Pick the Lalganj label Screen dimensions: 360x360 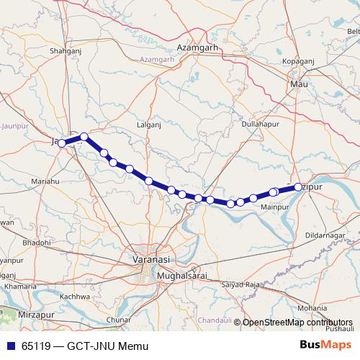pos(148,125)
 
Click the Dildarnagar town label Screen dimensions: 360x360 pos(326,235)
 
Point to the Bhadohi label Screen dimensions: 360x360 pos(37,243)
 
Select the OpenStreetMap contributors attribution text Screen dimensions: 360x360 pos(297,323)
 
